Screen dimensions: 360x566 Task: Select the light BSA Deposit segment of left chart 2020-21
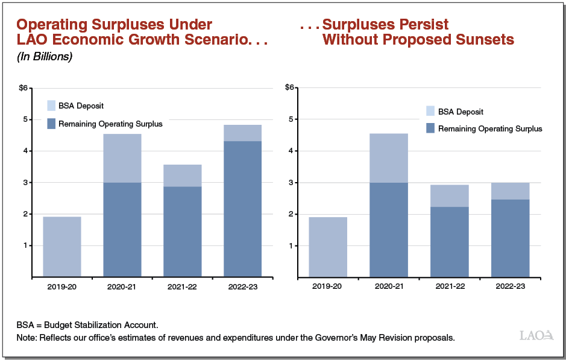pyautogui.click(x=122, y=158)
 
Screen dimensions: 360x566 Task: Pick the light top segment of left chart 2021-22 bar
pyautogui.click(x=183, y=175)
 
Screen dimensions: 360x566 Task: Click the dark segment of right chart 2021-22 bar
pyautogui.click(x=450, y=241)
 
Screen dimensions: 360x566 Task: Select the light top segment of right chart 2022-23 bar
pyautogui.click(x=510, y=191)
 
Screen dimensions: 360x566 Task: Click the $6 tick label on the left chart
pyautogui.click(x=23, y=88)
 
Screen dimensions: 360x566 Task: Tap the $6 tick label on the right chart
pyautogui.click(x=289, y=88)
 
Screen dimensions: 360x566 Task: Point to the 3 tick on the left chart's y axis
pyautogui.click(x=25, y=183)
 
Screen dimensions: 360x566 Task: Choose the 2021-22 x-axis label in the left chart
pyautogui.click(x=183, y=287)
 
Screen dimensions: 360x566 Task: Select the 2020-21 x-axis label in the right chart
pyautogui.click(x=389, y=287)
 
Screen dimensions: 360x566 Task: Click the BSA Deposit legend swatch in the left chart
pyautogui.click(x=52, y=106)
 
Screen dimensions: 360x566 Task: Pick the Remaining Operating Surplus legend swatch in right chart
pyautogui.click(x=430, y=128)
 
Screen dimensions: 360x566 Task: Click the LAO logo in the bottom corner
pyautogui.click(x=535, y=335)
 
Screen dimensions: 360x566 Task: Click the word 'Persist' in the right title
pyautogui.click(x=418, y=25)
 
